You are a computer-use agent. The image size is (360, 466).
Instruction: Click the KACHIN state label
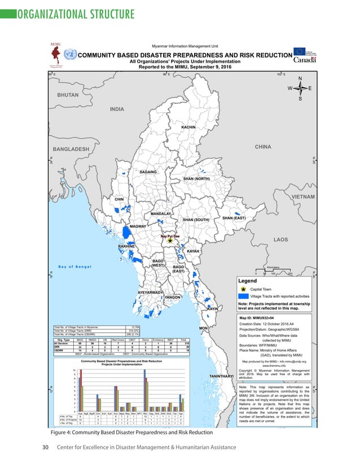point(188,128)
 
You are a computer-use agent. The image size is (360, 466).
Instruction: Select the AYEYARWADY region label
point(150,293)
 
